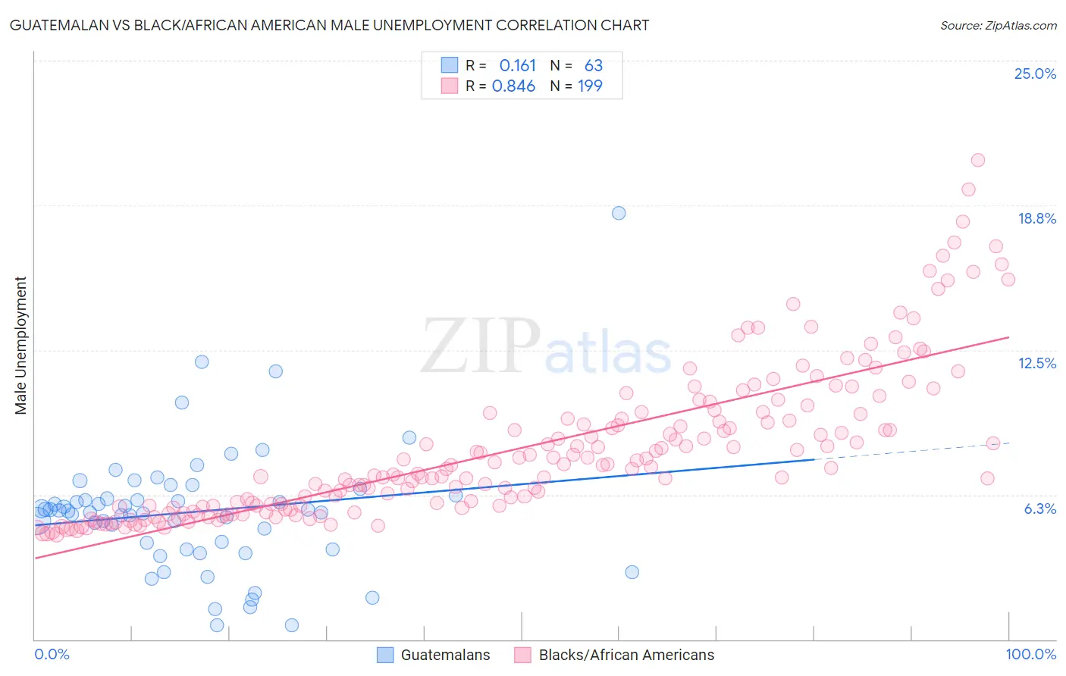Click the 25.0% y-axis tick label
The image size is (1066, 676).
[x=1034, y=74]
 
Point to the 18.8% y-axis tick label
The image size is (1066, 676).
[x=1036, y=219]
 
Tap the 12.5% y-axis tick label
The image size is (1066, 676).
[x=1036, y=364]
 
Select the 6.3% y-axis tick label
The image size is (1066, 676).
[x=1039, y=509]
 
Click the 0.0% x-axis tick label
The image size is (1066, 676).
[x=52, y=654]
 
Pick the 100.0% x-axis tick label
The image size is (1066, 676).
[x=1030, y=654]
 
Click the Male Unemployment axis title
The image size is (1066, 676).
[x=21, y=346]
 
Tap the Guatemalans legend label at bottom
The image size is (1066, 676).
[x=445, y=655]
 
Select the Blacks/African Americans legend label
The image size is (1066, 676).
[x=626, y=655]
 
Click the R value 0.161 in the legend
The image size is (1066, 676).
[x=517, y=66]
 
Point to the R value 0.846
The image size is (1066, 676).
[x=513, y=86]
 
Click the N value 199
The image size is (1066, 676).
[x=590, y=86]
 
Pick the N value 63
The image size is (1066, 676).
[x=593, y=66]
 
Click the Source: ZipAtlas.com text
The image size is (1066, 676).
[x=998, y=26]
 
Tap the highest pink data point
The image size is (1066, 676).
[x=977, y=160]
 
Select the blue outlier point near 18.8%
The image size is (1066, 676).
[x=619, y=213]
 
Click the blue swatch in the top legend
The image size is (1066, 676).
[x=450, y=66]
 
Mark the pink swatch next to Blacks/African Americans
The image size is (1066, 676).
[x=522, y=655]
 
